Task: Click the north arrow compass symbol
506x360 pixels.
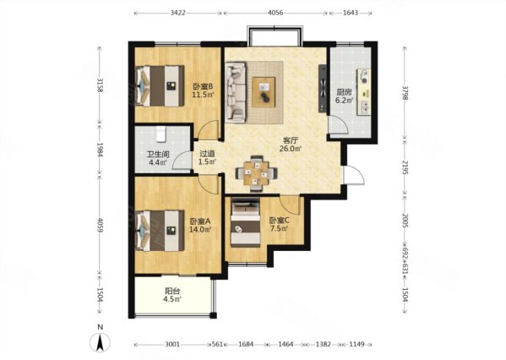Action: (x=101, y=342)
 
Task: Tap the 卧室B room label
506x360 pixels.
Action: (x=203, y=86)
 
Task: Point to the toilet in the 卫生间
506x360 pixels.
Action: (x=161, y=134)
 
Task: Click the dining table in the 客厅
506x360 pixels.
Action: (x=256, y=173)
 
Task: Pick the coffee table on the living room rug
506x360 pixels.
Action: (x=264, y=92)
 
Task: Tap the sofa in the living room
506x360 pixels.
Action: (x=235, y=92)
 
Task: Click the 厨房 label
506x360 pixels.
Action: (x=343, y=92)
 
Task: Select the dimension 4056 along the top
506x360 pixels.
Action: (x=275, y=13)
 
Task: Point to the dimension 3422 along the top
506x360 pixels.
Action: (x=177, y=13)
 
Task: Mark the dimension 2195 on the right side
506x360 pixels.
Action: (x=405, y=166)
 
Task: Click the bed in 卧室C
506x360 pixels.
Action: (x=245, y=222)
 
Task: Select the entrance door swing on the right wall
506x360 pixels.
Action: (x=354, y=175)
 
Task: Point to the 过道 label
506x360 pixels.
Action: (x=207, y=155)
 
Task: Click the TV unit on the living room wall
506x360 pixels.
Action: (x=323, y=89)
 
